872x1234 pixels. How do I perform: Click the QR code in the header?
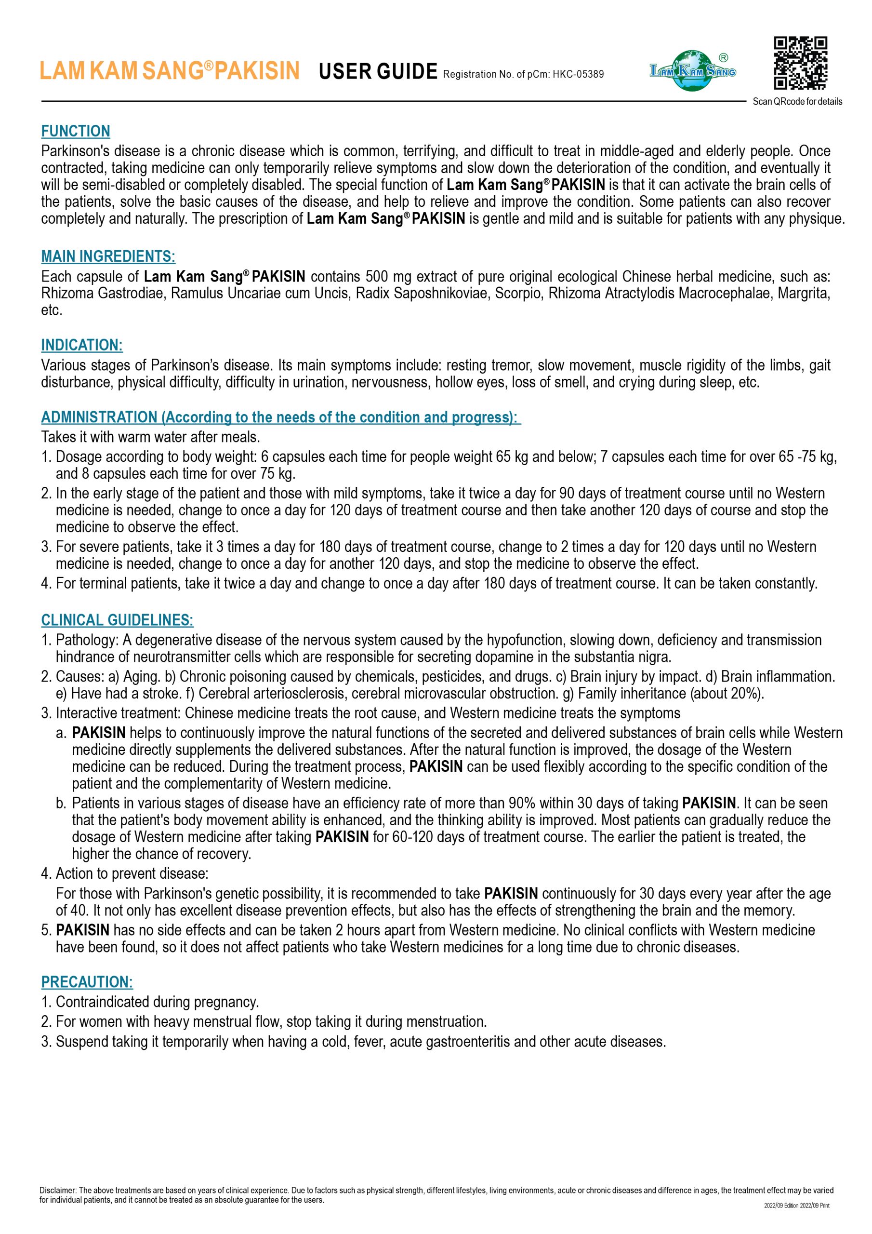[800, 63]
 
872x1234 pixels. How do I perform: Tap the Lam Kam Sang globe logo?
[693, 70]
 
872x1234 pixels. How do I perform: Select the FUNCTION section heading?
[76, 131]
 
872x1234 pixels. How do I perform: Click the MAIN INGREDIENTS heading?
[108, 256]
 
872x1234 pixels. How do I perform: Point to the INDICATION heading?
[82, 345]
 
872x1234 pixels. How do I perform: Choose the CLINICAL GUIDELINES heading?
[117, 620]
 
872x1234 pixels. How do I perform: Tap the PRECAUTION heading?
[87, 982]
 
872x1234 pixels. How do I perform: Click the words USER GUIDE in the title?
[378, 71]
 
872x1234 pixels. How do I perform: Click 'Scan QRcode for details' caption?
[797, 102]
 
